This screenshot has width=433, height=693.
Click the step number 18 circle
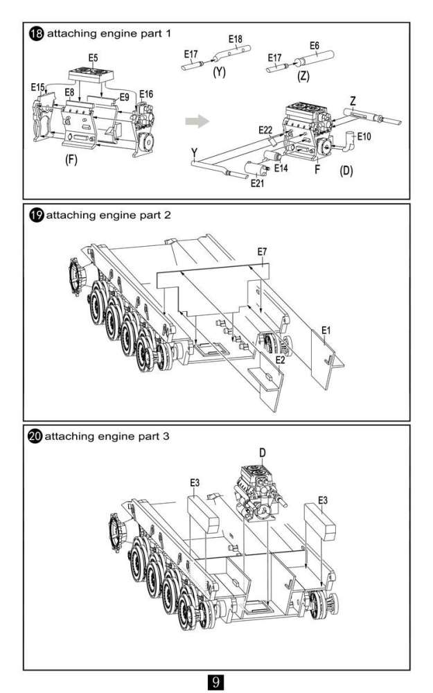pyautogui.click(x=35, y=34)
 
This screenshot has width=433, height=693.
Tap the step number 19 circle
pyautogui.click(x=35, y=215)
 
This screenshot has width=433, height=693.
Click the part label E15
pyautogui.click(x=37, y=87)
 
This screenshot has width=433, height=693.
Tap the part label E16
pyautogui.click(x=146, y=94)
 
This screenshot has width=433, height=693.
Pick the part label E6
pyautogui.click(x=314, y=46)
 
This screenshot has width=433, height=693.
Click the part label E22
pyautogui.click(x=265, y=130)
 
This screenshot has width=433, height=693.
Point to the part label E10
pyautogui.click(x=364, y=137)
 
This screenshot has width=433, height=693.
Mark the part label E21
pyautogui.click(x=257, y=183)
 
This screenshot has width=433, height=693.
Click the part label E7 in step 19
pyautogui.click(x=263, y=252)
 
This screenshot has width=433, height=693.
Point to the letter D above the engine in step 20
pyautogui.click(x=263, y=452)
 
